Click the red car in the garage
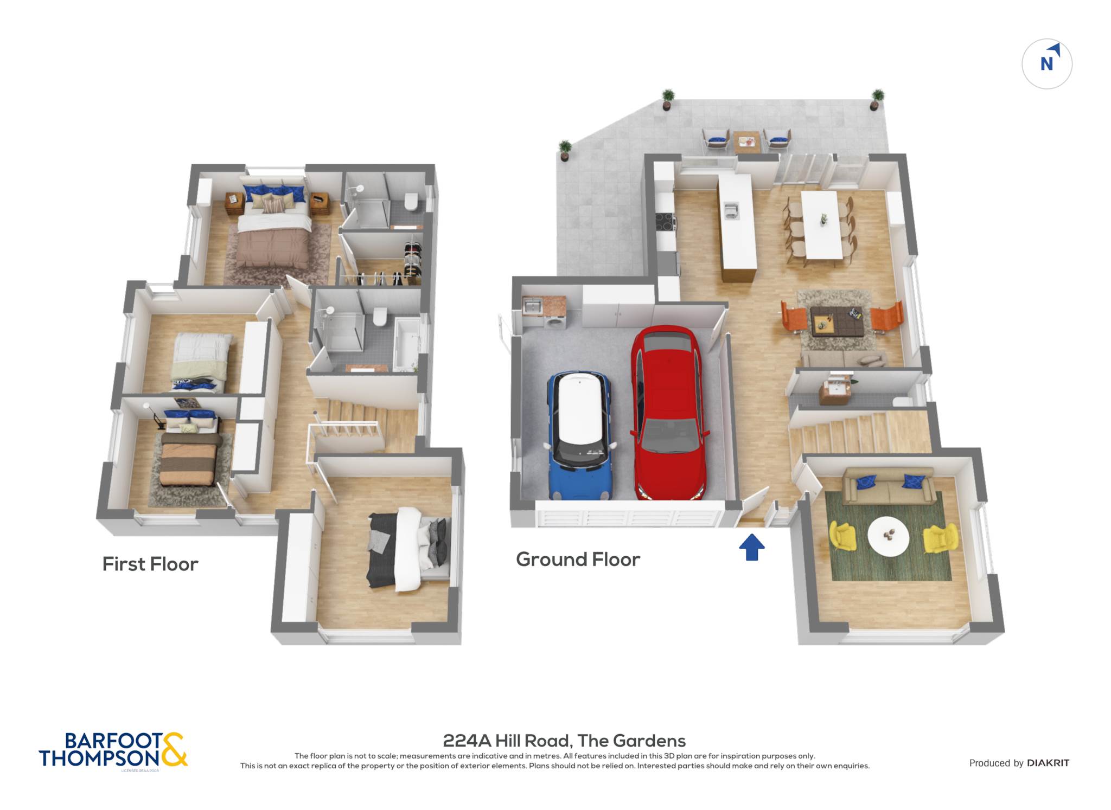669,413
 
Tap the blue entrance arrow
752,547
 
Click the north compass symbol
1047,64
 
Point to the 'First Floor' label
150,564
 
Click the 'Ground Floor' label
578,560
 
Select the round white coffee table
888,536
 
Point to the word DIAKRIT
1048,763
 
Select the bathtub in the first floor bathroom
406,344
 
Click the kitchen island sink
731,210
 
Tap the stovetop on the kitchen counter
666,222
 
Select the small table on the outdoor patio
747,141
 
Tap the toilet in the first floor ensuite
411,202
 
